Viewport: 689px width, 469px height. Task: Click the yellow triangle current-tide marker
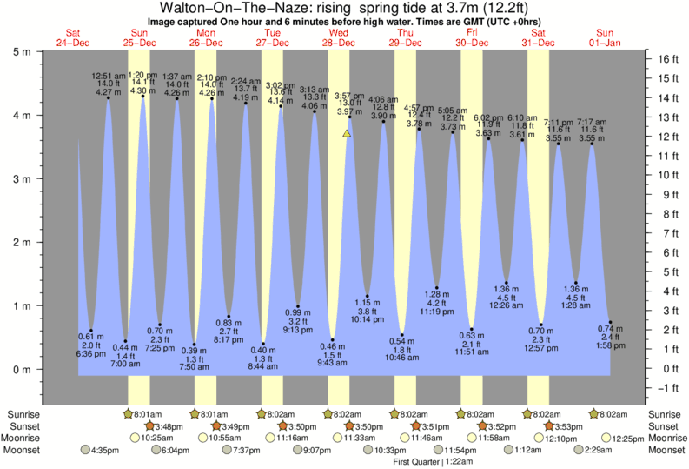(x=347, y=134)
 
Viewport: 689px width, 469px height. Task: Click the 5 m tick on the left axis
(x=38, y=51)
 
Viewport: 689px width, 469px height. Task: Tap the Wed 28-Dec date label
(x=338, y=37)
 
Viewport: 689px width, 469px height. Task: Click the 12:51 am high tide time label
(x=109, y=77)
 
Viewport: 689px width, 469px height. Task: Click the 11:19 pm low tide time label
(x=438, y=311)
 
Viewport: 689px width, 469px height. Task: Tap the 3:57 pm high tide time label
(x=349, y=96)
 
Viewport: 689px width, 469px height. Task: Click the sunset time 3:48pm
(x=168, y=427)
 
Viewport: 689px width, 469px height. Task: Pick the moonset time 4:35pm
(x=106, y=450)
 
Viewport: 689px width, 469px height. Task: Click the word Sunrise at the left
(x=22, y=415)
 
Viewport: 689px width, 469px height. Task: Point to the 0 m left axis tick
(x=38, y=370)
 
